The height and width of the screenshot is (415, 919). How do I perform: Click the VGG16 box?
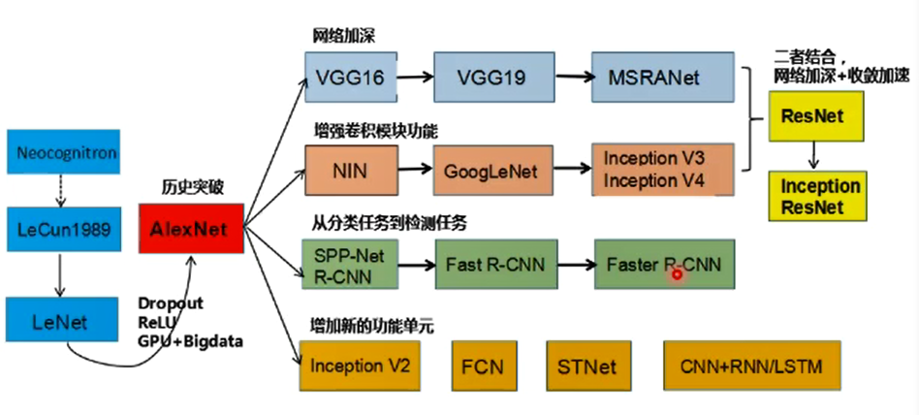346,75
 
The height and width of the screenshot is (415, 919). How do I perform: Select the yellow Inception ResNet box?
813,196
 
